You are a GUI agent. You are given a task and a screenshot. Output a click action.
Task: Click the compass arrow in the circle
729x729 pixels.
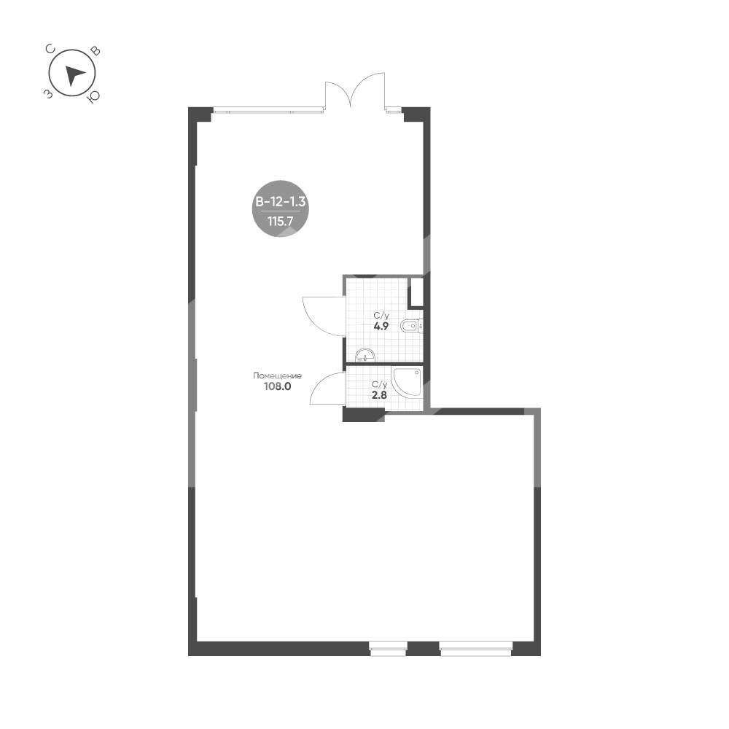click(74, 75)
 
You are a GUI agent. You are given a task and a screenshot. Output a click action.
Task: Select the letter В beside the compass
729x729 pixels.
click(95, 51)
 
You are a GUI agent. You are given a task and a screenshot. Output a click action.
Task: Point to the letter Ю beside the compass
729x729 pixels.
click(94, 96)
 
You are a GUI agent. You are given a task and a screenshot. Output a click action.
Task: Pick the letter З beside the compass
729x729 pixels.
click(48, 94)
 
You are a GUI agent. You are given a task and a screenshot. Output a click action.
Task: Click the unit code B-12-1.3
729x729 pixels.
click(281, 202)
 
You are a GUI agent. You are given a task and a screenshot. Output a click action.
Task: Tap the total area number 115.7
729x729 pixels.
click(281, 222)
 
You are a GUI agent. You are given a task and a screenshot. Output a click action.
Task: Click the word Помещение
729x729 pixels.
click(277, 375)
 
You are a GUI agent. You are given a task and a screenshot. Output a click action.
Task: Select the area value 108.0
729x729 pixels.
click(277, 386)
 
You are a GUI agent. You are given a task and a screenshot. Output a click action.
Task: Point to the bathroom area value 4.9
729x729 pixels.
click(381, 326)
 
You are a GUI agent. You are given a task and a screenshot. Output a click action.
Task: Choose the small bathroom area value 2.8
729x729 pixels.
click(379, 395)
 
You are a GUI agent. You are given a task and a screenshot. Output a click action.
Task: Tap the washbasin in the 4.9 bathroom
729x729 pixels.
click(365, 355)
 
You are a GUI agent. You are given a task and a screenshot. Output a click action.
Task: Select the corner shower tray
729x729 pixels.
click(408, 382)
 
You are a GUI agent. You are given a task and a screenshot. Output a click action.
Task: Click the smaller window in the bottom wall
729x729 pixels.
click(389, 649)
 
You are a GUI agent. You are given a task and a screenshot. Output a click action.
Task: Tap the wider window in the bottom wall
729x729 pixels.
click(475, 649)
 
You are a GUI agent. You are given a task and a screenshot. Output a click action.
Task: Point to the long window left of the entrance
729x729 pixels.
click(268, 110)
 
